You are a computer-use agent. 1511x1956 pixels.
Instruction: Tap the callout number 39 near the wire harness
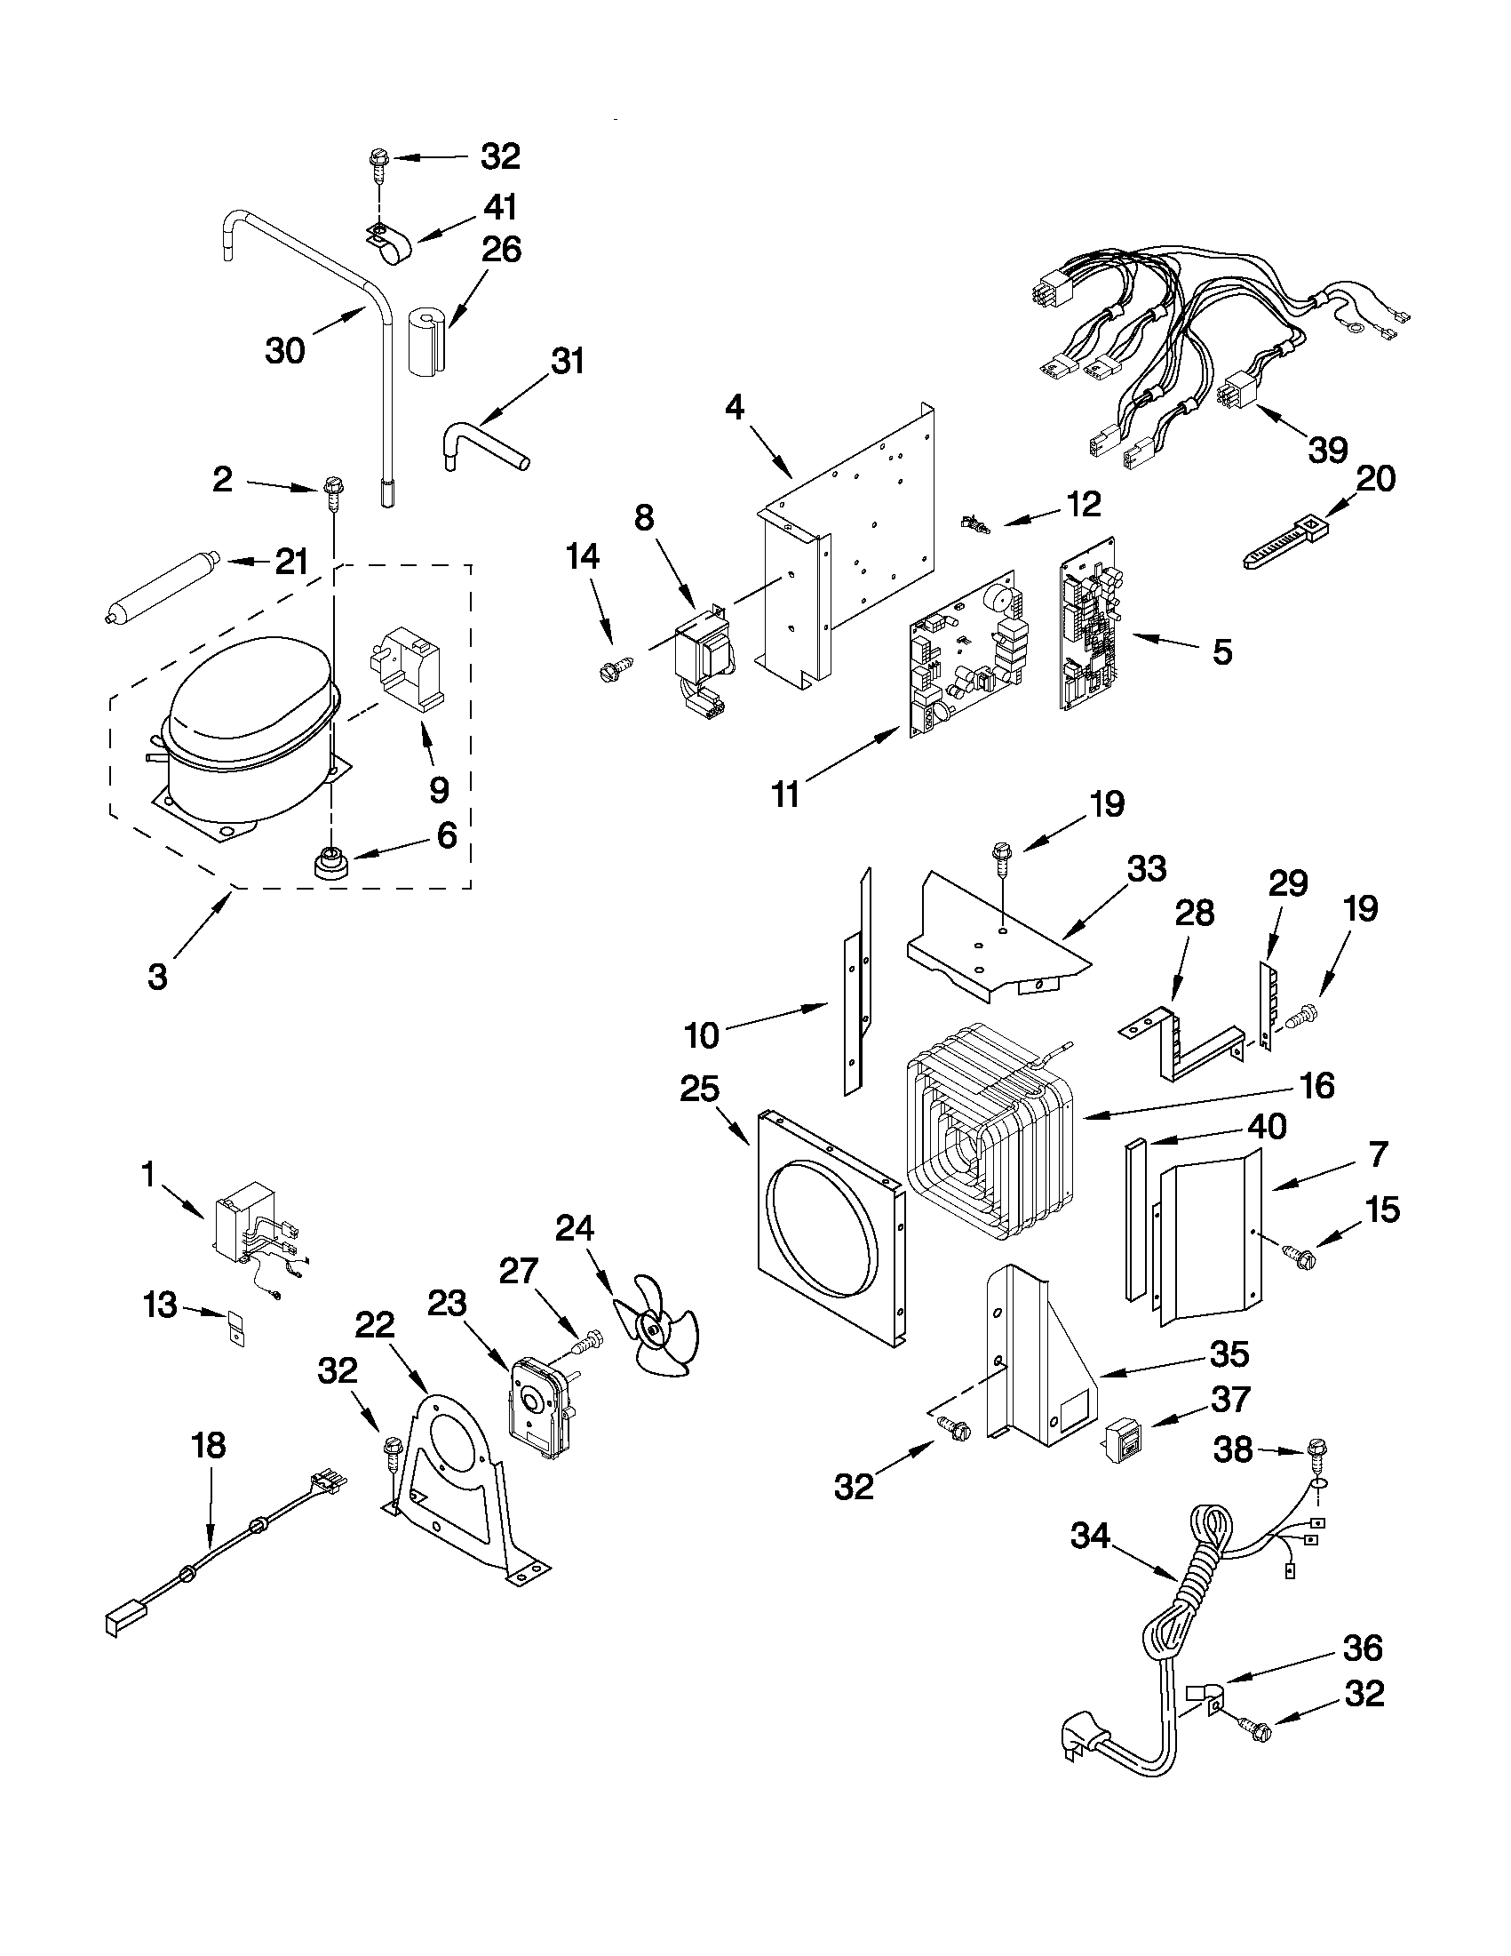tap(1327, 451)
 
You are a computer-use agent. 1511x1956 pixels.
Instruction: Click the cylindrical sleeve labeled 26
tap(427, 340)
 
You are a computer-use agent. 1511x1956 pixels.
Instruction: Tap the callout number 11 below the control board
tap(786, 794)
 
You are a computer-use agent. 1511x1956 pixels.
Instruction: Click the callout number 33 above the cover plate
tap(1147, 868)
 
